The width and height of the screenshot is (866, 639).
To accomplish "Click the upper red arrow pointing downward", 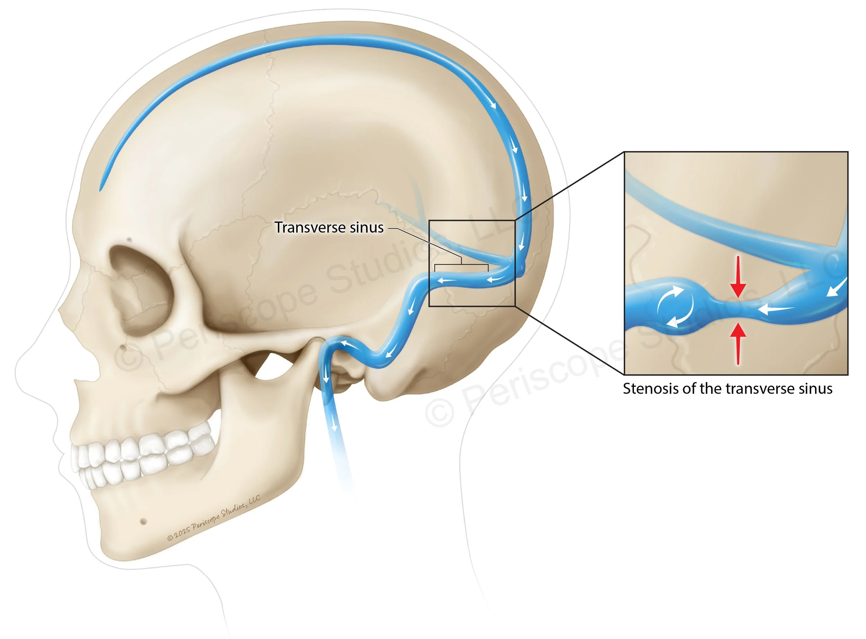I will pos(738,277).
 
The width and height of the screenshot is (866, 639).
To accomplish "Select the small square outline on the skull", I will pos(471,263).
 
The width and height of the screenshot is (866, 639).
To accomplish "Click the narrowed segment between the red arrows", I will pos(737,309).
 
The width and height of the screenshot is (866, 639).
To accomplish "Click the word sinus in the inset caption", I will pos(816,389).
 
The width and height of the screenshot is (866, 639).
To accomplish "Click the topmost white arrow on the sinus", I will pos(493,103).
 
